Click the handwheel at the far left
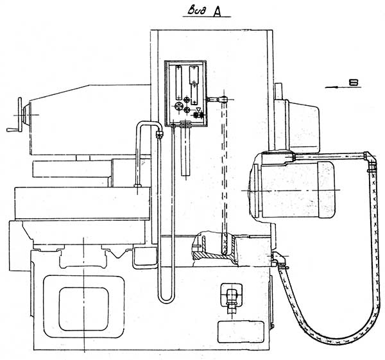click(x=24, y=114)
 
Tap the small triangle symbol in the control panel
click(x=199, y=109)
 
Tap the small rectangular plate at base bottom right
click(x=239, y=332)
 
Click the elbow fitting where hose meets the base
click(x=277, y=259)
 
